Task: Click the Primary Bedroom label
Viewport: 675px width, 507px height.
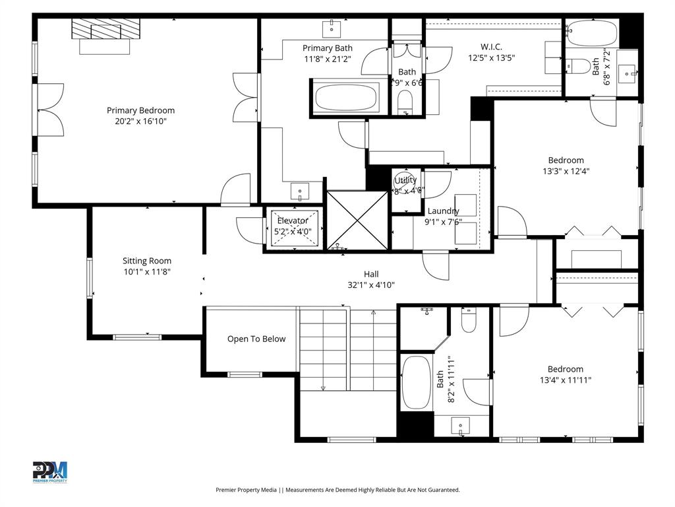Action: point(140,110)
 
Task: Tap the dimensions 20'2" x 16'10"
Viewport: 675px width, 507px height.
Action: point(140,121)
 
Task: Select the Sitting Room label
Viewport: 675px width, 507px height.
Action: point(146,261)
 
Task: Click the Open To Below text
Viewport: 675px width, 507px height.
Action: point(256,339)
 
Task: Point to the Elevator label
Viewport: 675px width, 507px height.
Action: point(292,220)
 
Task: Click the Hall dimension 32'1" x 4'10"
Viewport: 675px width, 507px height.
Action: point(371,285)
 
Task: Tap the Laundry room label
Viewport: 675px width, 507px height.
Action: point(442,211)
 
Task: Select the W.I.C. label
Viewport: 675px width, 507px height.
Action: point(491,46)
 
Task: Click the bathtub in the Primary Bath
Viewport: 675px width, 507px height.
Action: point(346,98)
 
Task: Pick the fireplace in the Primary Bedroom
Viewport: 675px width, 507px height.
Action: point(105,30)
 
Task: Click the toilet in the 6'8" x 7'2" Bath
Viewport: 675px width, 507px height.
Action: point(579,66)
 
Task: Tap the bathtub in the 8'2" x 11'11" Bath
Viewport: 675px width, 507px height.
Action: point(415,383)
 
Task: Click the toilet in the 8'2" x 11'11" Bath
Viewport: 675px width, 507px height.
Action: point(469,321)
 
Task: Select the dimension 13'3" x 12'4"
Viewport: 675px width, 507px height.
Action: point(566,171)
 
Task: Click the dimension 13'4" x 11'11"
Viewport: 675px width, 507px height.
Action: point(565,380)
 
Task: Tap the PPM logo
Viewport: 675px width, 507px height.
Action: point(50,471)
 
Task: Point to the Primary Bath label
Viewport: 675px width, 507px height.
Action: point(327,48)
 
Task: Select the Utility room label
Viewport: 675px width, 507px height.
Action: point(405,180)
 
